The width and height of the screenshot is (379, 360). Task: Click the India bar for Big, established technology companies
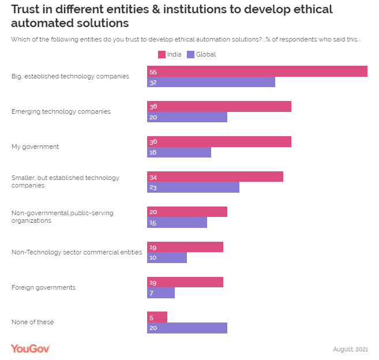pos(257,72)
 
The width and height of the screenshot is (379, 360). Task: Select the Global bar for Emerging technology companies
pos(187,118)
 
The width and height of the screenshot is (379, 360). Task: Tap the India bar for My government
pos(219,142)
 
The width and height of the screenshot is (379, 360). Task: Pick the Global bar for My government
pos(179,153)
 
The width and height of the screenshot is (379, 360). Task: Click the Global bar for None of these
pos(187,328)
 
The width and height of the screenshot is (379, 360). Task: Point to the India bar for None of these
pos(157,317)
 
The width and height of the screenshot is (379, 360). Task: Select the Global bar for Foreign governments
pos(161,293)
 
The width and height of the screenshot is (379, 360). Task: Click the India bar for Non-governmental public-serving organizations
pos(187,212)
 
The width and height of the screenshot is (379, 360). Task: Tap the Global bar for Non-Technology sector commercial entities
pos(167,258)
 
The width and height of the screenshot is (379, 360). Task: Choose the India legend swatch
pos(162,55)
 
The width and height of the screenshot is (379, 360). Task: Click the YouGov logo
pos(31,348)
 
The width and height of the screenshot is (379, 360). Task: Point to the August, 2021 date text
pos(350,349)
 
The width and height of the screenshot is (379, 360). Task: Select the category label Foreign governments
pos(44,287)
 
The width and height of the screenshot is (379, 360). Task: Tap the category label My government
pos(35,147)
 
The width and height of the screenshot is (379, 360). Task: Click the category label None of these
pos(32,322)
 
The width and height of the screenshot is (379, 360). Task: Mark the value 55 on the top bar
pos(153,72)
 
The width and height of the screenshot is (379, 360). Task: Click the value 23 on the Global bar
pos(153,188)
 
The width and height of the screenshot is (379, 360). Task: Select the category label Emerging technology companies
pos(61,111)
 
